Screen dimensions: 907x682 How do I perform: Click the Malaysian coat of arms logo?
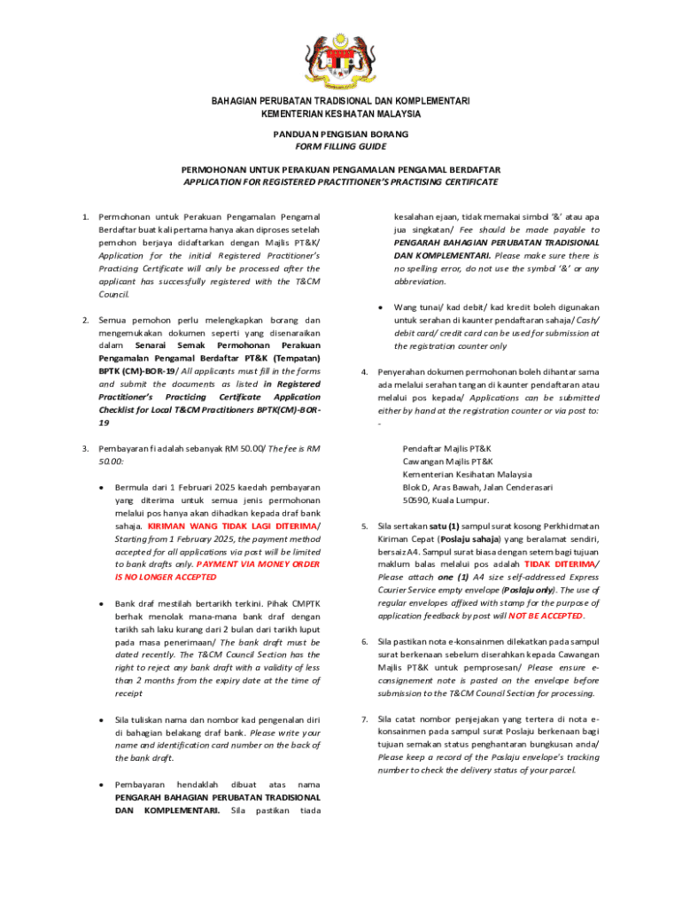(340, 59)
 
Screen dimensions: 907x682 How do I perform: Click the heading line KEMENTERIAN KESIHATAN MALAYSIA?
(340, 113)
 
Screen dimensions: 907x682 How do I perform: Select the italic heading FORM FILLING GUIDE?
(340, 146)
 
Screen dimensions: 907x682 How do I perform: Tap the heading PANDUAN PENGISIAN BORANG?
(340, 134)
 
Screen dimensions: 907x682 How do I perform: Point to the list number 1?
(84, 216)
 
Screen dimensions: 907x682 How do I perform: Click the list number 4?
(364, 371)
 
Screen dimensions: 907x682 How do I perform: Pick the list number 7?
(364, 718)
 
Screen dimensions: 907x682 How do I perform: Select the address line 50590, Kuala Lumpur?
(446, 500)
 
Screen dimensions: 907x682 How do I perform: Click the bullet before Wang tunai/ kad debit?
(380, 307)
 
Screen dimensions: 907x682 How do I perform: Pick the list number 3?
(84, 448)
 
